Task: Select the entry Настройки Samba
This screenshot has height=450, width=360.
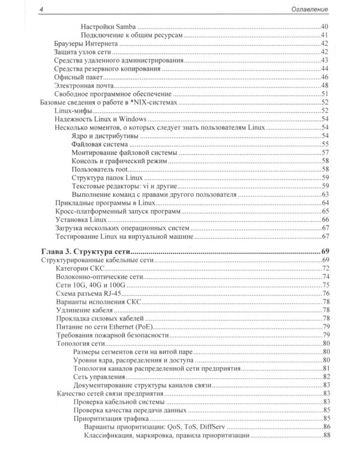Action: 107,28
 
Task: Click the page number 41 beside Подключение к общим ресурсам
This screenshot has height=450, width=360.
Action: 324,36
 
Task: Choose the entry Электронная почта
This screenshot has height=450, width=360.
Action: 82,85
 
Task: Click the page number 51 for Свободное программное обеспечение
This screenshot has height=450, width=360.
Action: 324,94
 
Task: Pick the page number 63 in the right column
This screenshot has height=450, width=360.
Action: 324,194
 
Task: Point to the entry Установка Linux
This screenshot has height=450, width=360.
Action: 79,220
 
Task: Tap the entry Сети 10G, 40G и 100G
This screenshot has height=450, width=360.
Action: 88,285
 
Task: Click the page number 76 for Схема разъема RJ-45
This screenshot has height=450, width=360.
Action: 324,293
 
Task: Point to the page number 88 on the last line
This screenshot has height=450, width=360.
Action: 324,435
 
